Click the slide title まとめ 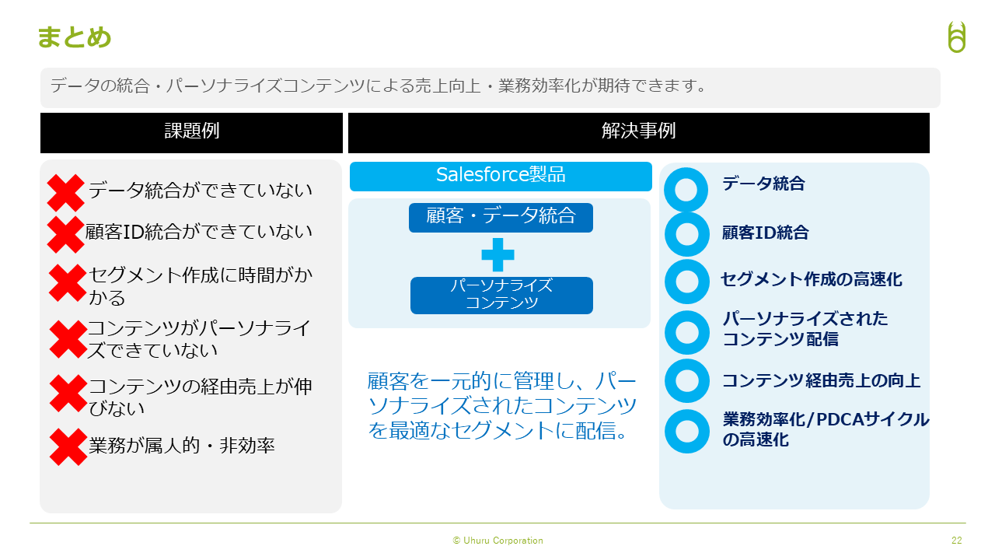tap(74, 37)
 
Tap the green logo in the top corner tap(957, 37)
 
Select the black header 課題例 tap(191, 132)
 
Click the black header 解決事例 tap(639, 132)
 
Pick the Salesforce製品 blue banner tap(501, 176)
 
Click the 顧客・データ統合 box tap(501, 217)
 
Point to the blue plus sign tap(498, 254)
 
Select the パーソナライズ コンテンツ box tap(501, 295)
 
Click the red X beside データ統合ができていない tap(66, 192)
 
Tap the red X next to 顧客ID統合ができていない tap(66, 234)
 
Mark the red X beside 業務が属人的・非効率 tap(68, 446)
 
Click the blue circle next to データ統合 tap(686, 190)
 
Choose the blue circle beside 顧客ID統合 tap(686, 234)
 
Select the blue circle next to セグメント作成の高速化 tap(686, 282)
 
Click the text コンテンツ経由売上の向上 tap(822, 380)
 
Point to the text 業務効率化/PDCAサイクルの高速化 tap(826, 429)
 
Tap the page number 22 tap(957, 540)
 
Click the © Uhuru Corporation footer tap(498, 541)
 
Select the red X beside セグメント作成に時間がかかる tap(67, 282)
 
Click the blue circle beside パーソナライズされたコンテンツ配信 tap(686, 332)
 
